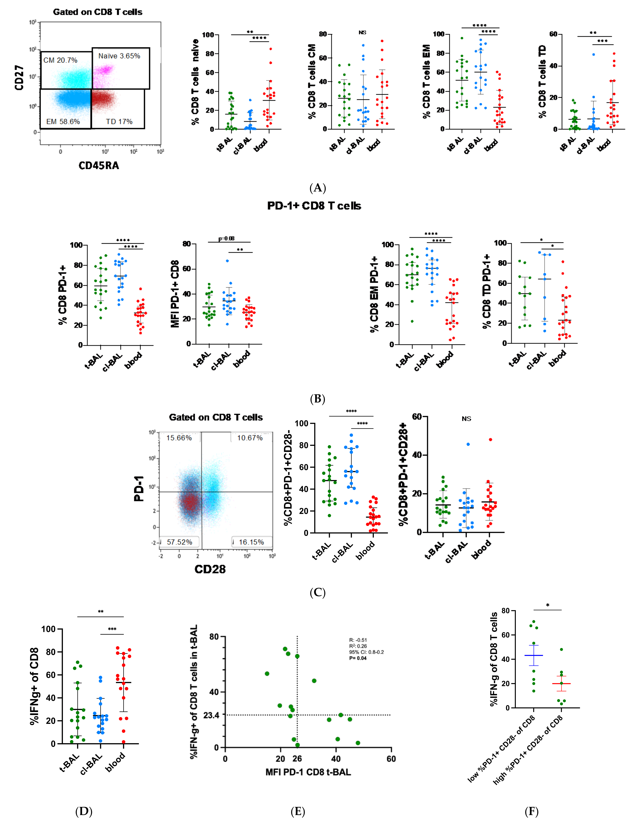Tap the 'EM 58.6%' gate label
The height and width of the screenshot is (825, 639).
[x=63, y=122]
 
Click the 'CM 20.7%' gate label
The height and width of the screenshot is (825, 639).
[x=60, y=60]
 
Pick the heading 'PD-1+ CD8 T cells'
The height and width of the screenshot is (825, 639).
[x=314, y=206]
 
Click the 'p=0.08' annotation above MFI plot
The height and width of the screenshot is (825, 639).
[x=227, y=238]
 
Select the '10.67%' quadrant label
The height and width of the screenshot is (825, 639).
[x=250, y=438]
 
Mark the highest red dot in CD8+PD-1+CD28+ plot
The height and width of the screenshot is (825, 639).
[x=490, y=440]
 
